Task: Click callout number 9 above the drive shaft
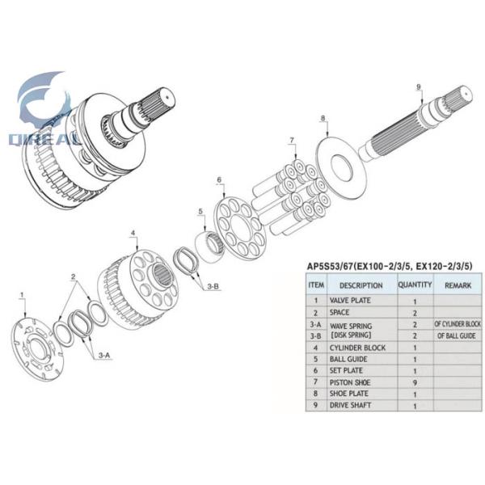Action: (x=419, y=86)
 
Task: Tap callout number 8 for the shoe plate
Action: (x=323, y=119)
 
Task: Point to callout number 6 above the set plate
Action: (x=218, y=179)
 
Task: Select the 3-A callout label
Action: (x=104, y=355)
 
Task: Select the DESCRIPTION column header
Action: (x=361, y=285)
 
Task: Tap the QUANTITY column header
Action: (x=415, y=285)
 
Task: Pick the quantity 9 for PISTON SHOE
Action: (x=414, y=382)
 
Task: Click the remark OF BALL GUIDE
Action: (x=457, y=335)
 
